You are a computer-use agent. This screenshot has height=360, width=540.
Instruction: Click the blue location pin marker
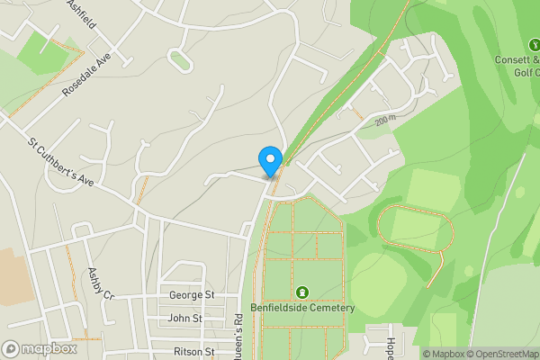click(270, 160)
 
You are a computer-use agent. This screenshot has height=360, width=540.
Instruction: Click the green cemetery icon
click(301, 292)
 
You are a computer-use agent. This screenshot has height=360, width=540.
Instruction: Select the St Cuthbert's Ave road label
click(60, 163)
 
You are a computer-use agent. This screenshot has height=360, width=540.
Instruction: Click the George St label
click(192, 295)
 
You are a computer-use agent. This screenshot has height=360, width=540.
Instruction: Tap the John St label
click(185, 319)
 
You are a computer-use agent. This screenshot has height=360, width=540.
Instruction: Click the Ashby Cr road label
click(101, 284)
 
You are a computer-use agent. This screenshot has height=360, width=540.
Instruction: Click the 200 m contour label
click(386, 119)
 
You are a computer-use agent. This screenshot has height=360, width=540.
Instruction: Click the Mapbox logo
click(39, 348)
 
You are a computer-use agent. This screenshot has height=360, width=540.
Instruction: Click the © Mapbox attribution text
click(444, 354)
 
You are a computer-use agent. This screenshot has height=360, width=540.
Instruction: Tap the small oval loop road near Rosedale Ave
click(180, 62)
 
